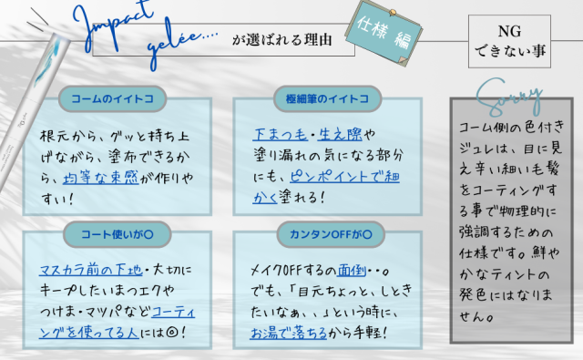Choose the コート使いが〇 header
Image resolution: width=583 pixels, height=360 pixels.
pos(115,233)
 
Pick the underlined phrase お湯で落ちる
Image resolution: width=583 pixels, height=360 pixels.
pos(286,332)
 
